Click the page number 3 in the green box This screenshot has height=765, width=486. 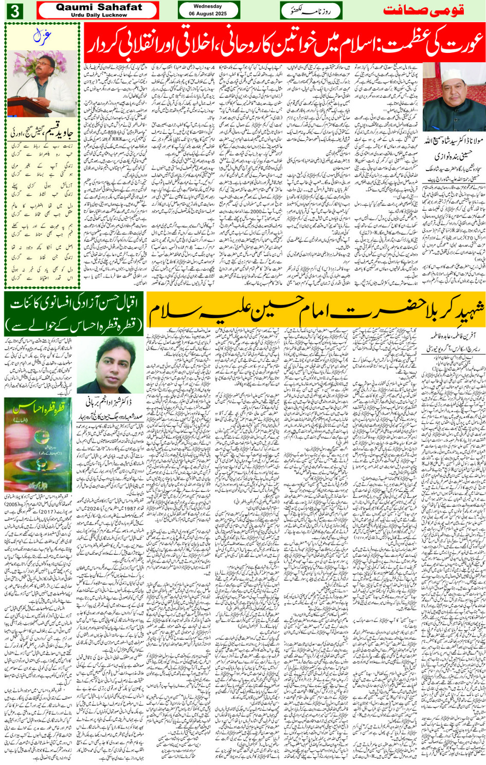point(14,11)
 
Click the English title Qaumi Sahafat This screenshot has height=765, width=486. point(99,7)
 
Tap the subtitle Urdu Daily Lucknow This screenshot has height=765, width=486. point(99,15)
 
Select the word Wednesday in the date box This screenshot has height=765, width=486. point(208,7)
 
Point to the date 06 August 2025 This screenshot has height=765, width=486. point(208,14)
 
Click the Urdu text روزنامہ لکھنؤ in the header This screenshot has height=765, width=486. point(311,10)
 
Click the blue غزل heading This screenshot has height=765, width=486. point(42,35)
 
